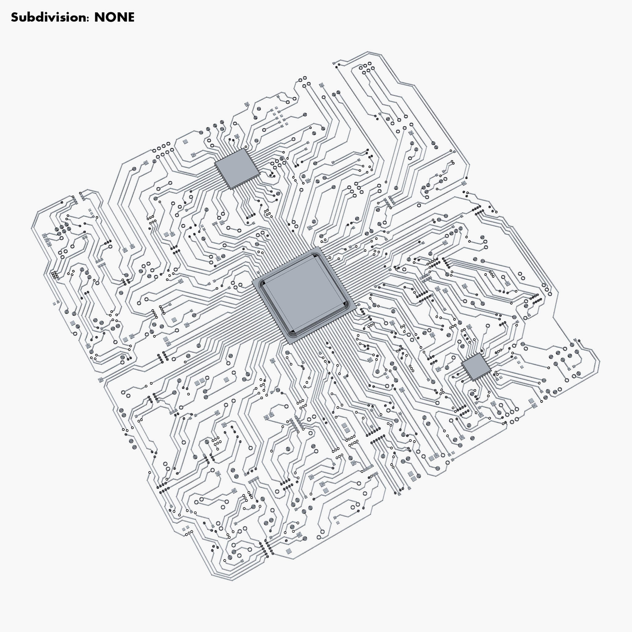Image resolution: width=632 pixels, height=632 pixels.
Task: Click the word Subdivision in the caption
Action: click(x=49, y=17)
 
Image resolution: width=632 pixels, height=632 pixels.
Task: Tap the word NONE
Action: click(x=114, y=17)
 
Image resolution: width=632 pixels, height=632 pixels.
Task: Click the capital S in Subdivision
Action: click(x=15, y=17)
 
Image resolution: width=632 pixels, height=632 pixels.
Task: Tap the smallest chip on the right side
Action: click(x=476, y=366)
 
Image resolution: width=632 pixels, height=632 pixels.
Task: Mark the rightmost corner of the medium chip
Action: click(x=260, y=173)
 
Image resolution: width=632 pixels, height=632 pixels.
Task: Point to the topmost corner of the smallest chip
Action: click(x=479, y=353)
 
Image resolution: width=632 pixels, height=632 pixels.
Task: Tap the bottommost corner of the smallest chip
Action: click(x=473, y=380)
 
